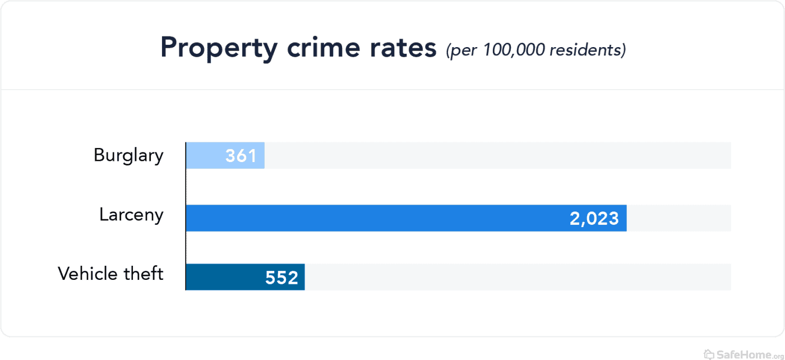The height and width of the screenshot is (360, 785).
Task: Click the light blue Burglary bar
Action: tap(205, 155)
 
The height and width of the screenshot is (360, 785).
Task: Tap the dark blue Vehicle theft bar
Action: tap(224, 277)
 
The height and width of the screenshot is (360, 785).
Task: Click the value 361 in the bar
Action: tap(241, 156)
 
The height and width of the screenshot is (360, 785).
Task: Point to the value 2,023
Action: tap(594, 218)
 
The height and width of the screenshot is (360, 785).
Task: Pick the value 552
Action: tap(281, 278)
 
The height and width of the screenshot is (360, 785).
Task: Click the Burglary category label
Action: tap(128, 155)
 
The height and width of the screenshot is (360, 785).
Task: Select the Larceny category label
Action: tap(131, 215)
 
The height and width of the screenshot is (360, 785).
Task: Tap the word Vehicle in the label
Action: tap(87, 274)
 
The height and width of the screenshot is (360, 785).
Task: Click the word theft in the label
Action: tap(145, 274)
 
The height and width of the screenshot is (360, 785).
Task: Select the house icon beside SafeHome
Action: tap(709, 354)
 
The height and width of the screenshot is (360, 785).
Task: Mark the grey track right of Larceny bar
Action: tap(678, 218)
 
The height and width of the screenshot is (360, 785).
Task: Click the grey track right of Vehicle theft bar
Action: tap(516, 277)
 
